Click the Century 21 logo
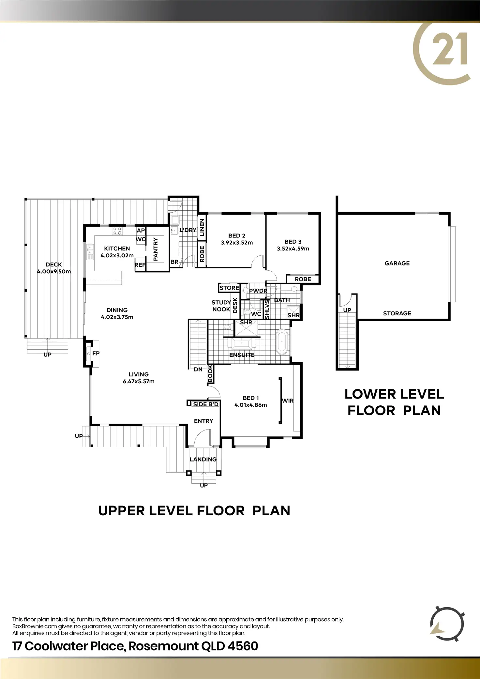tap(442, 54)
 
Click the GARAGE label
tap(397, 263)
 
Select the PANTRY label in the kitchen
tap(156, 249)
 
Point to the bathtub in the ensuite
tap(281, 341)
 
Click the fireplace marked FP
tap(89, 353)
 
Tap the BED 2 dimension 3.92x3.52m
tap(237, 243)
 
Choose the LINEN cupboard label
tap(202, 227)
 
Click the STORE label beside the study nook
tap(229, 288)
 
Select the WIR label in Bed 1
tap(288, 401)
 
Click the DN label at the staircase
tap(198, 370)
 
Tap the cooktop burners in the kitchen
tap(117, 231)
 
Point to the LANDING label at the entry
tap(203, 460)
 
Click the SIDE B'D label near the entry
tap(205, 404)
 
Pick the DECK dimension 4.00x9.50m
tap(54, 271)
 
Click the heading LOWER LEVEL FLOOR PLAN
tap(394, 402)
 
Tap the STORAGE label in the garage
tap(397, 313)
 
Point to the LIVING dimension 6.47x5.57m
tap(139, 381)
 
